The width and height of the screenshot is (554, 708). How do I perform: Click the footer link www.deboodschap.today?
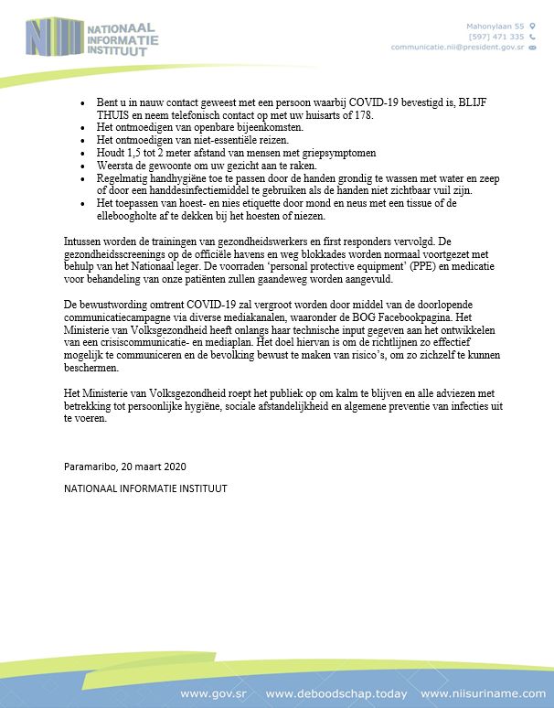pos(336,693)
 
